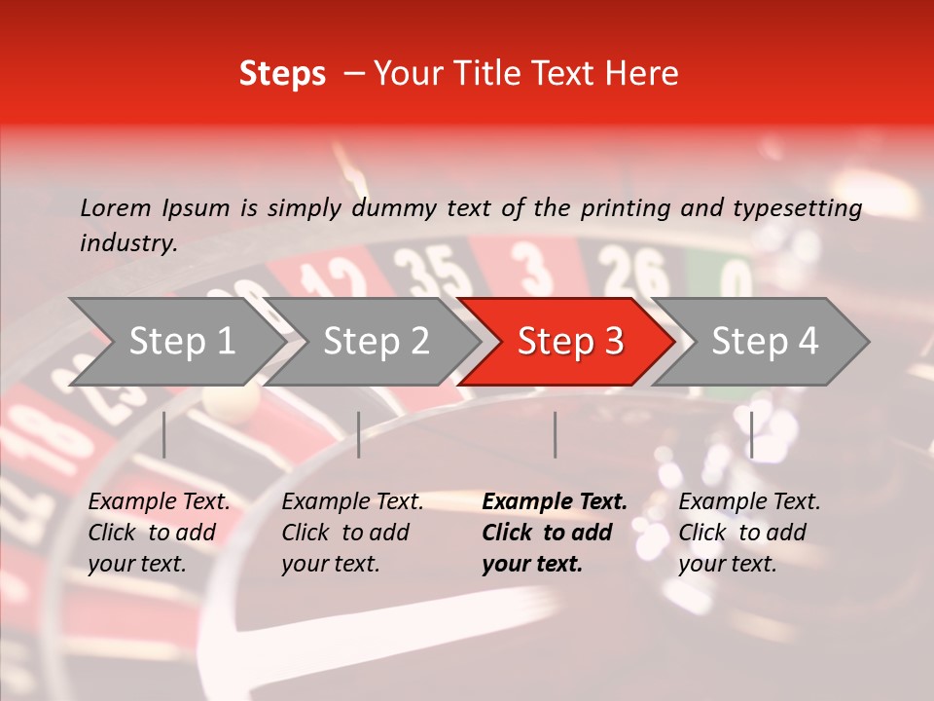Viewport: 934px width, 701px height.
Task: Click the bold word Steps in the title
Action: click(282, 74)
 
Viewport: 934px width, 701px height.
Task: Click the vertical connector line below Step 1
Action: click(164, 434)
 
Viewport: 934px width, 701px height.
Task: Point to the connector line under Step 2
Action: click(359, 434)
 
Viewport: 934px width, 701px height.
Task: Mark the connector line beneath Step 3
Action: click(556, 434)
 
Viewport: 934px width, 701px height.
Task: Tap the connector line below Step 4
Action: click(751, 434)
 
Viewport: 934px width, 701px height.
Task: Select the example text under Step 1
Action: click(159, 533)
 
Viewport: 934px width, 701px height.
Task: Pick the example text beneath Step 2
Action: click(352, 533)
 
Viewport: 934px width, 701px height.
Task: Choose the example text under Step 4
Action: click(749, 533)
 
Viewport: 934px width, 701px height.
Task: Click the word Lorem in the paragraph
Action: click(115, 207)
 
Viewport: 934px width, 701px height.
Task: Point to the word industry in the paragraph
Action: click(126, 243)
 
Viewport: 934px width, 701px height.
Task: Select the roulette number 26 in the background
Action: click(631, 271)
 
